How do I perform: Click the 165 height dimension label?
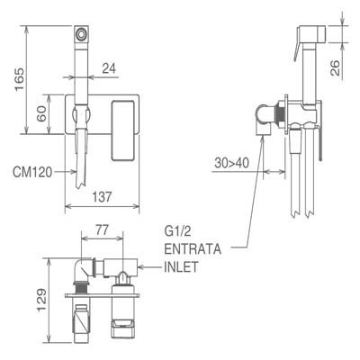pyautogui.click(x=20, y=80)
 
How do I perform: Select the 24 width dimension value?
pyautogui.click(x=109, y=68)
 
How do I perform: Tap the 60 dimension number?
pyautogui.click(x=41, y=113)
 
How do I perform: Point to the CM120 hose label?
pyautogui.click(x=32, y=173)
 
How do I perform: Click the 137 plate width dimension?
pyautogui.click(x=102, y=197)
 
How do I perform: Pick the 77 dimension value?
pyautogui.click(x=102, y=230)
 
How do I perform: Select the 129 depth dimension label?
pyautogui.click(x=41, y=301)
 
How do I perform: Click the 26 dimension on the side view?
pyautogui.click(x=335, y=67)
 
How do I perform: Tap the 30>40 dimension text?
pyautogui.click(x=231, y=163)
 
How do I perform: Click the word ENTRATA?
pyautogui.click(x=193, y=249)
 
